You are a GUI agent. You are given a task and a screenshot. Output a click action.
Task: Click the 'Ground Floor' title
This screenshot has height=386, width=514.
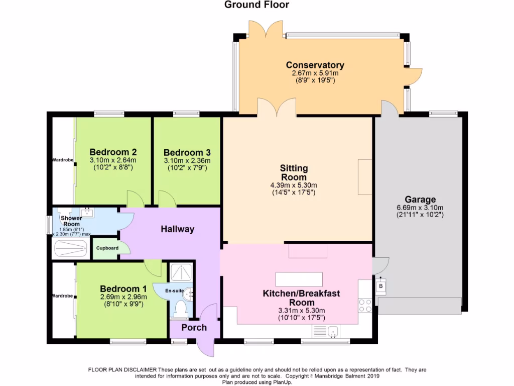click(x=256, y=5)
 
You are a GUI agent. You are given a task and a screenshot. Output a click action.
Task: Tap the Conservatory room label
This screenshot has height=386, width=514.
click(x=315, y=65)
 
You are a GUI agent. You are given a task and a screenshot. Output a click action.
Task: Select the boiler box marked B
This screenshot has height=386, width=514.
click(x=380, y=287)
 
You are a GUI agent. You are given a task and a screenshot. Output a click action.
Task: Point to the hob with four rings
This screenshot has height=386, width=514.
click(x=365, y=305)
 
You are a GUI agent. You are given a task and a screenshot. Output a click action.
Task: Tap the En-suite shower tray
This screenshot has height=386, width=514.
click(x=180, y=272)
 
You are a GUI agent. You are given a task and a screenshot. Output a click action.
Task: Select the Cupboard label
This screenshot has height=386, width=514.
click(x=106, y=248)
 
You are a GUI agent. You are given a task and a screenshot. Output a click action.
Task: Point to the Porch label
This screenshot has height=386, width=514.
click(x=194, y=327)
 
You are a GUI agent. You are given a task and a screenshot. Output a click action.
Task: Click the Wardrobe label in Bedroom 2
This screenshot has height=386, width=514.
click(x=63, y=160)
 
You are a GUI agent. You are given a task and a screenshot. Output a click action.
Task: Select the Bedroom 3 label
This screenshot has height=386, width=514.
click(x=187, y=152)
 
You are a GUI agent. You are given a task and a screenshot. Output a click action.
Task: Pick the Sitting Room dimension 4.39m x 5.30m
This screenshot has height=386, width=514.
click(x=294, y=184)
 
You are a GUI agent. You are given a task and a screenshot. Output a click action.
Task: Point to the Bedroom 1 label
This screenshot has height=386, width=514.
click(x=123, y=288)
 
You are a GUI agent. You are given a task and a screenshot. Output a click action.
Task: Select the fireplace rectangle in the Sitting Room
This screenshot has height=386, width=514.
click(x=365, y=176)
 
